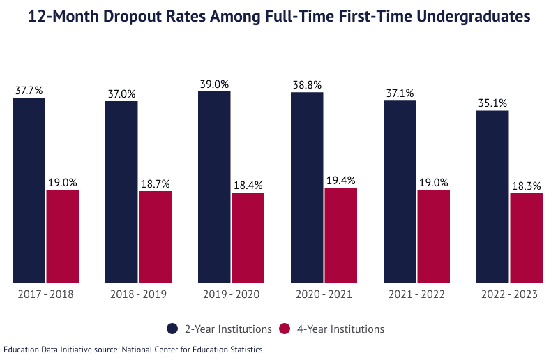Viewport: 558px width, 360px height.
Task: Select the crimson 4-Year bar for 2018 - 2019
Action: click(x=155, y=237)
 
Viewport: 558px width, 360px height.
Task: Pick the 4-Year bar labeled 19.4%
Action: click(x=340, y=235)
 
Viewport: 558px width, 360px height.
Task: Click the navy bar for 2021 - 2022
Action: click(x=400, y=192)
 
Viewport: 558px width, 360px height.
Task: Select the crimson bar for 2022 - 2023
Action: click(x=526, y=238)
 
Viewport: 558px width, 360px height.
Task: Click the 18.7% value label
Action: click(x=155, y=184)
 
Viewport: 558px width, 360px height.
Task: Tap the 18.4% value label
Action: click(x=248, y=186)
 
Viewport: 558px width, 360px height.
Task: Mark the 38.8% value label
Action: click(x=307, y=85)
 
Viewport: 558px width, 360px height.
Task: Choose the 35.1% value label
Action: click(x=492, y=103)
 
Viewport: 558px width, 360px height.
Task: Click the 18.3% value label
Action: click(x=526, y=186)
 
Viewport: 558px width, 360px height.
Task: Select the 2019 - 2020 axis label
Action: click(x=231, y=294)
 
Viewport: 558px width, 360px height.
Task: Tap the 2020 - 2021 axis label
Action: click(x=324, y=294)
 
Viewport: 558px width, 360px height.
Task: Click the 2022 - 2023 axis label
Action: click(x=509, y=294)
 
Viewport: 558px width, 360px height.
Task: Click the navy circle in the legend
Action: click(x=172, y=329)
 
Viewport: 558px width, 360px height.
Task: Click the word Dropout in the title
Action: click(x=145, y=17)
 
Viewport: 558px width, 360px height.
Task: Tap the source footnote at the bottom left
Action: click(x=133, y=350)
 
